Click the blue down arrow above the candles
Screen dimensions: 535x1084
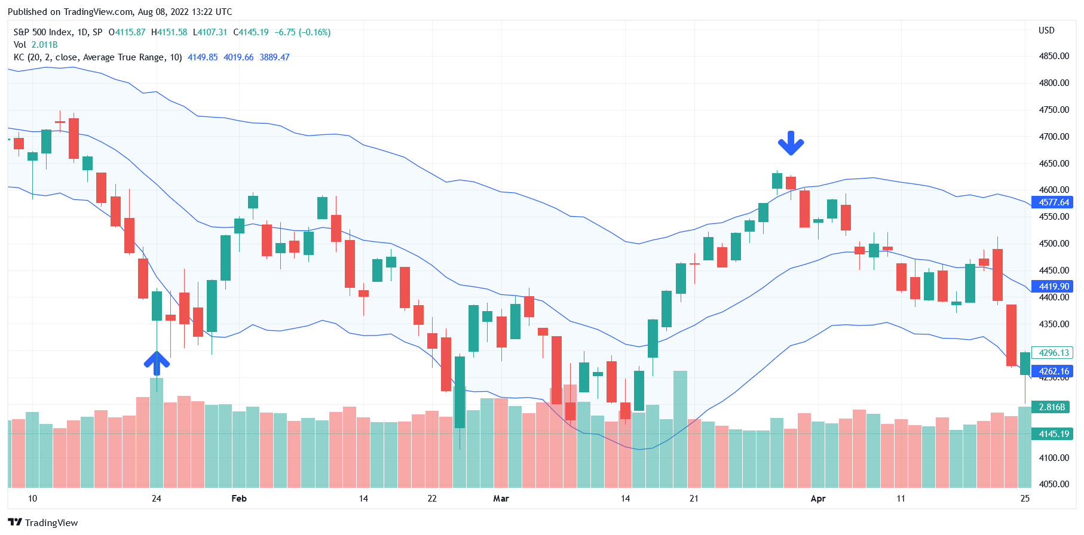791,143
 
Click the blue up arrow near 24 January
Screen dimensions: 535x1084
157,363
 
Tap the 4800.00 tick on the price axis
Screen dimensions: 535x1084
1054,83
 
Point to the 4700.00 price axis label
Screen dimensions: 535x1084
1054,137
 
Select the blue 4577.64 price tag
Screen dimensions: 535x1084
1054,202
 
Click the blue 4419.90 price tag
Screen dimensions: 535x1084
1054,287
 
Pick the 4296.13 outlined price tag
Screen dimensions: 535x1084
1054,353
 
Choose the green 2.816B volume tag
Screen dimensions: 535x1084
1052,407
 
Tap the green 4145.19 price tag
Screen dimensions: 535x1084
1054,434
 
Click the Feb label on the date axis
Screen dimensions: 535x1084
239,499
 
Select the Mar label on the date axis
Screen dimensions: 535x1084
501,499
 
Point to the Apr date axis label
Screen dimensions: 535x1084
817,499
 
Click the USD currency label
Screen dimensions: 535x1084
1046,30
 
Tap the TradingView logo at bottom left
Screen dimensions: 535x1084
43,522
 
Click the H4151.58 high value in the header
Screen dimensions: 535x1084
169,32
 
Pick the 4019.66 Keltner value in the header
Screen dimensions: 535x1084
238,57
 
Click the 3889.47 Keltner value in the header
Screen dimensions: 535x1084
274,57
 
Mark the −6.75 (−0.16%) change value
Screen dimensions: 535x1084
302,32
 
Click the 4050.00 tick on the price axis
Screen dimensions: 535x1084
1054,484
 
